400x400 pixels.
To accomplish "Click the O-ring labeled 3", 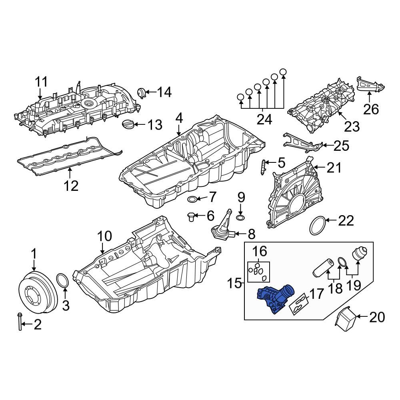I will (x=62, y=282).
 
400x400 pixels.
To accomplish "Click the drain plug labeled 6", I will (x=191, y=216).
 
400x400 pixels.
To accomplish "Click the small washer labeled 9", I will (x=240, y=217).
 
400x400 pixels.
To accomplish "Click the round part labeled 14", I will (x=141, y=92).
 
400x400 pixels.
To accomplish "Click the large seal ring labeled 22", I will (x=318, y=226).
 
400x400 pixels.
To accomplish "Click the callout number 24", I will (x=264, y=120).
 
